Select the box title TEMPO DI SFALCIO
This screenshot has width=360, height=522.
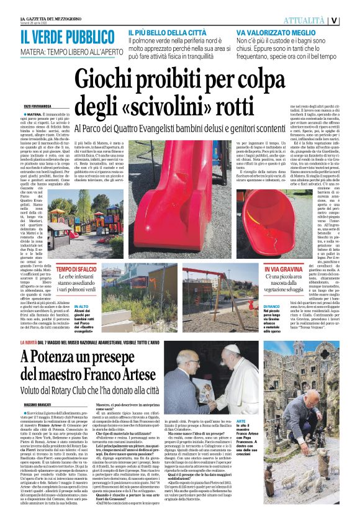click(77, 268)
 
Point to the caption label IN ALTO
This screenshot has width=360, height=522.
click(82, 305)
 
